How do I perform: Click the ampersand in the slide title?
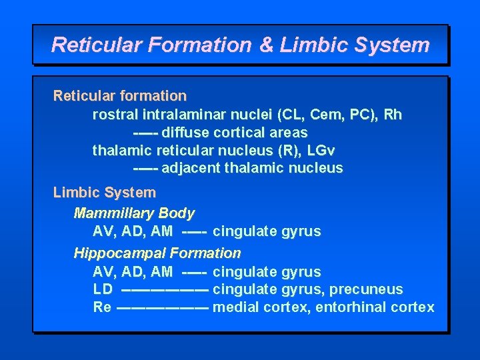point(266,45)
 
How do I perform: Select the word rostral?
point(112,115)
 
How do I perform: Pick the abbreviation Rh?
point(393,115)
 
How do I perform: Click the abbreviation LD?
point(103,289)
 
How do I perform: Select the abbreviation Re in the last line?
point(102,307)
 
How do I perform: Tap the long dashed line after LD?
point(165,290)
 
